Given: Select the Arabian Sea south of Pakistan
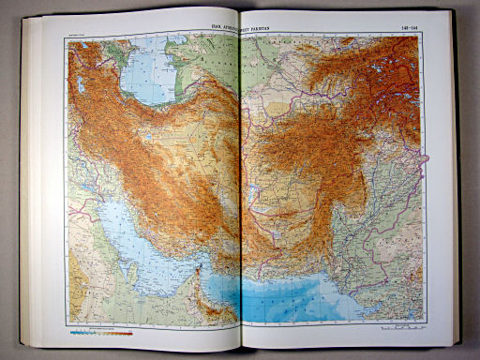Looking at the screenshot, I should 309,300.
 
